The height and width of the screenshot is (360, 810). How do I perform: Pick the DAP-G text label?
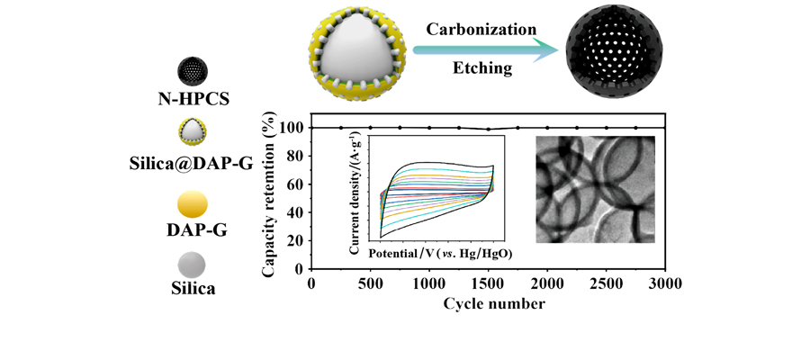[x=193, y=230]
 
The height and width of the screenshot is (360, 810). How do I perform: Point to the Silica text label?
[x=193, y=289]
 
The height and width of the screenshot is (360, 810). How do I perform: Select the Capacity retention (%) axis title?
[x=269, y=191]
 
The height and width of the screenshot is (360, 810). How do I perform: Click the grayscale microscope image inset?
[x=586, y=190]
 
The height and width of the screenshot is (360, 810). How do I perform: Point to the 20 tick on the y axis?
[x=293, y=239]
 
